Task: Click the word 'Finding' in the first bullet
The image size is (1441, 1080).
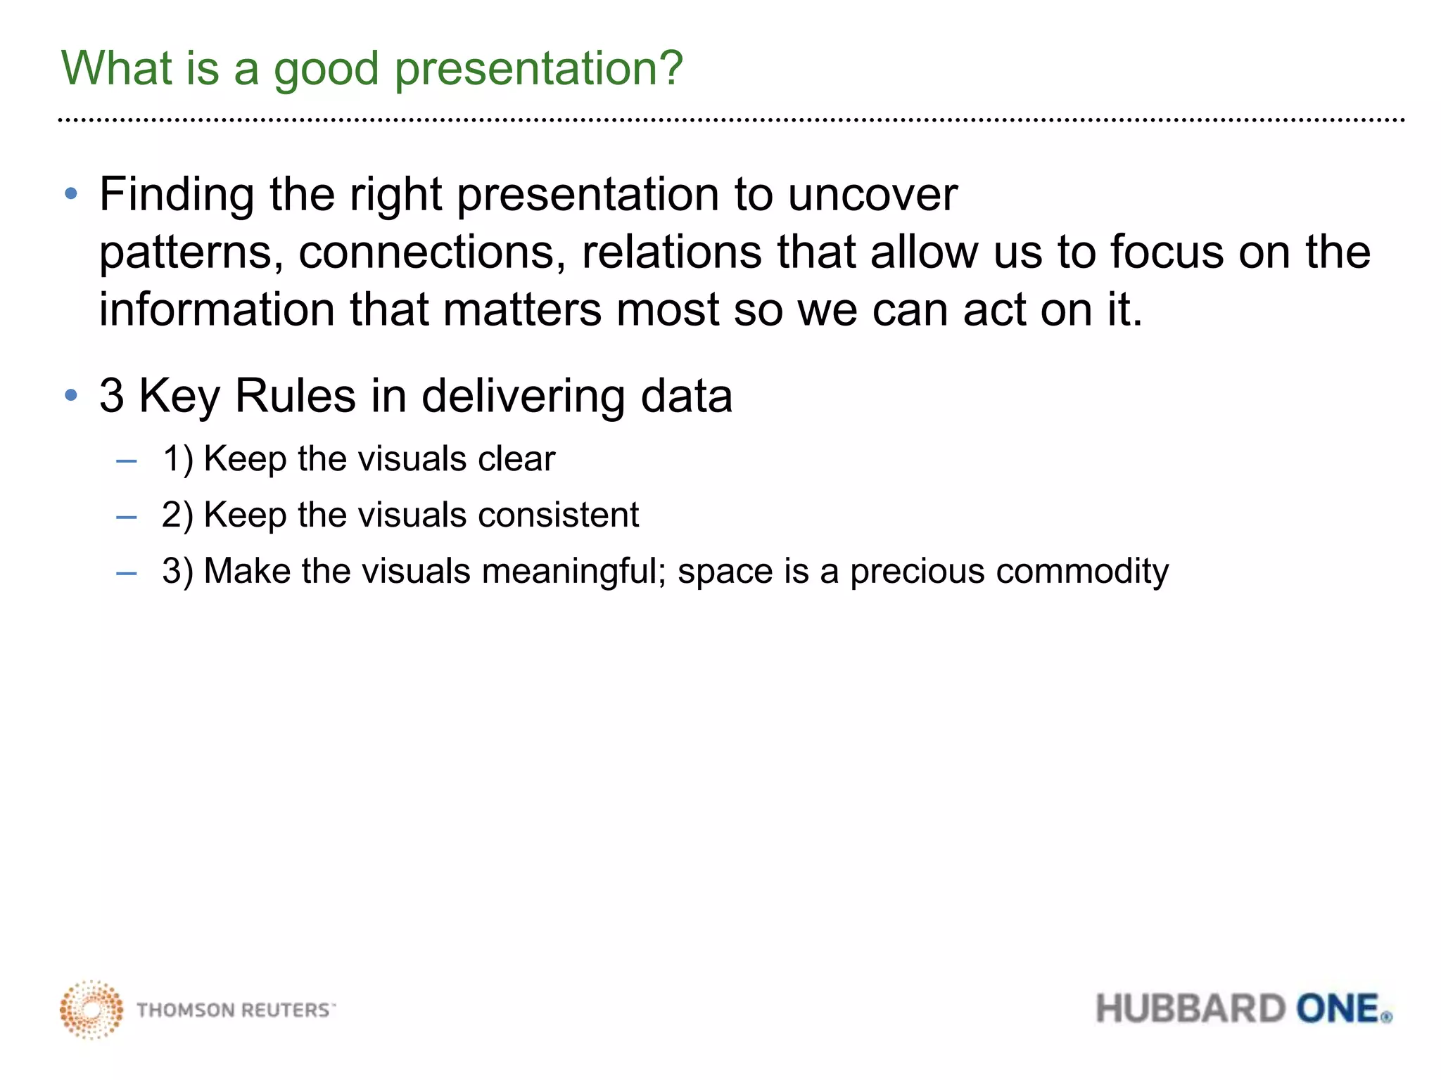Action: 177,194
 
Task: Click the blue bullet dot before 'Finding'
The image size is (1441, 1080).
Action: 70,193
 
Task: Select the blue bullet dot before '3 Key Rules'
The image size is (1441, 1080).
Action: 70,395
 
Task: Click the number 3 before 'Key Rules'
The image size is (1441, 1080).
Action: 112,396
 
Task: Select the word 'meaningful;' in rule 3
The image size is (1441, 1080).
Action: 573,571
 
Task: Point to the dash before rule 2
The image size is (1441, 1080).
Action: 127,517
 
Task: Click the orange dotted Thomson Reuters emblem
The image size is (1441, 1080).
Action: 91,1009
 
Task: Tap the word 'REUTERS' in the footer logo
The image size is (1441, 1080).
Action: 286,1010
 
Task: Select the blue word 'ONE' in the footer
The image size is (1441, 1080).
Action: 1337,1009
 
